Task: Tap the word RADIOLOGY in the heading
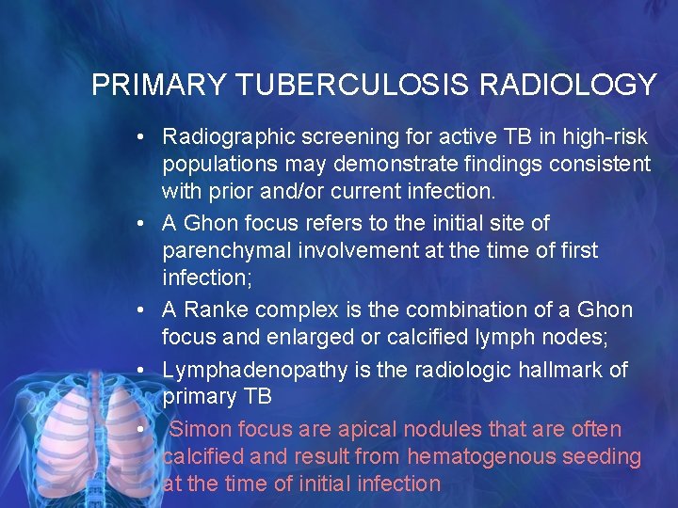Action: click(x=568, y=86)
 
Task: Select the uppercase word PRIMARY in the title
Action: click(x=158, y=86)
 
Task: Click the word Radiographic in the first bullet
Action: click(x=222, y=137)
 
